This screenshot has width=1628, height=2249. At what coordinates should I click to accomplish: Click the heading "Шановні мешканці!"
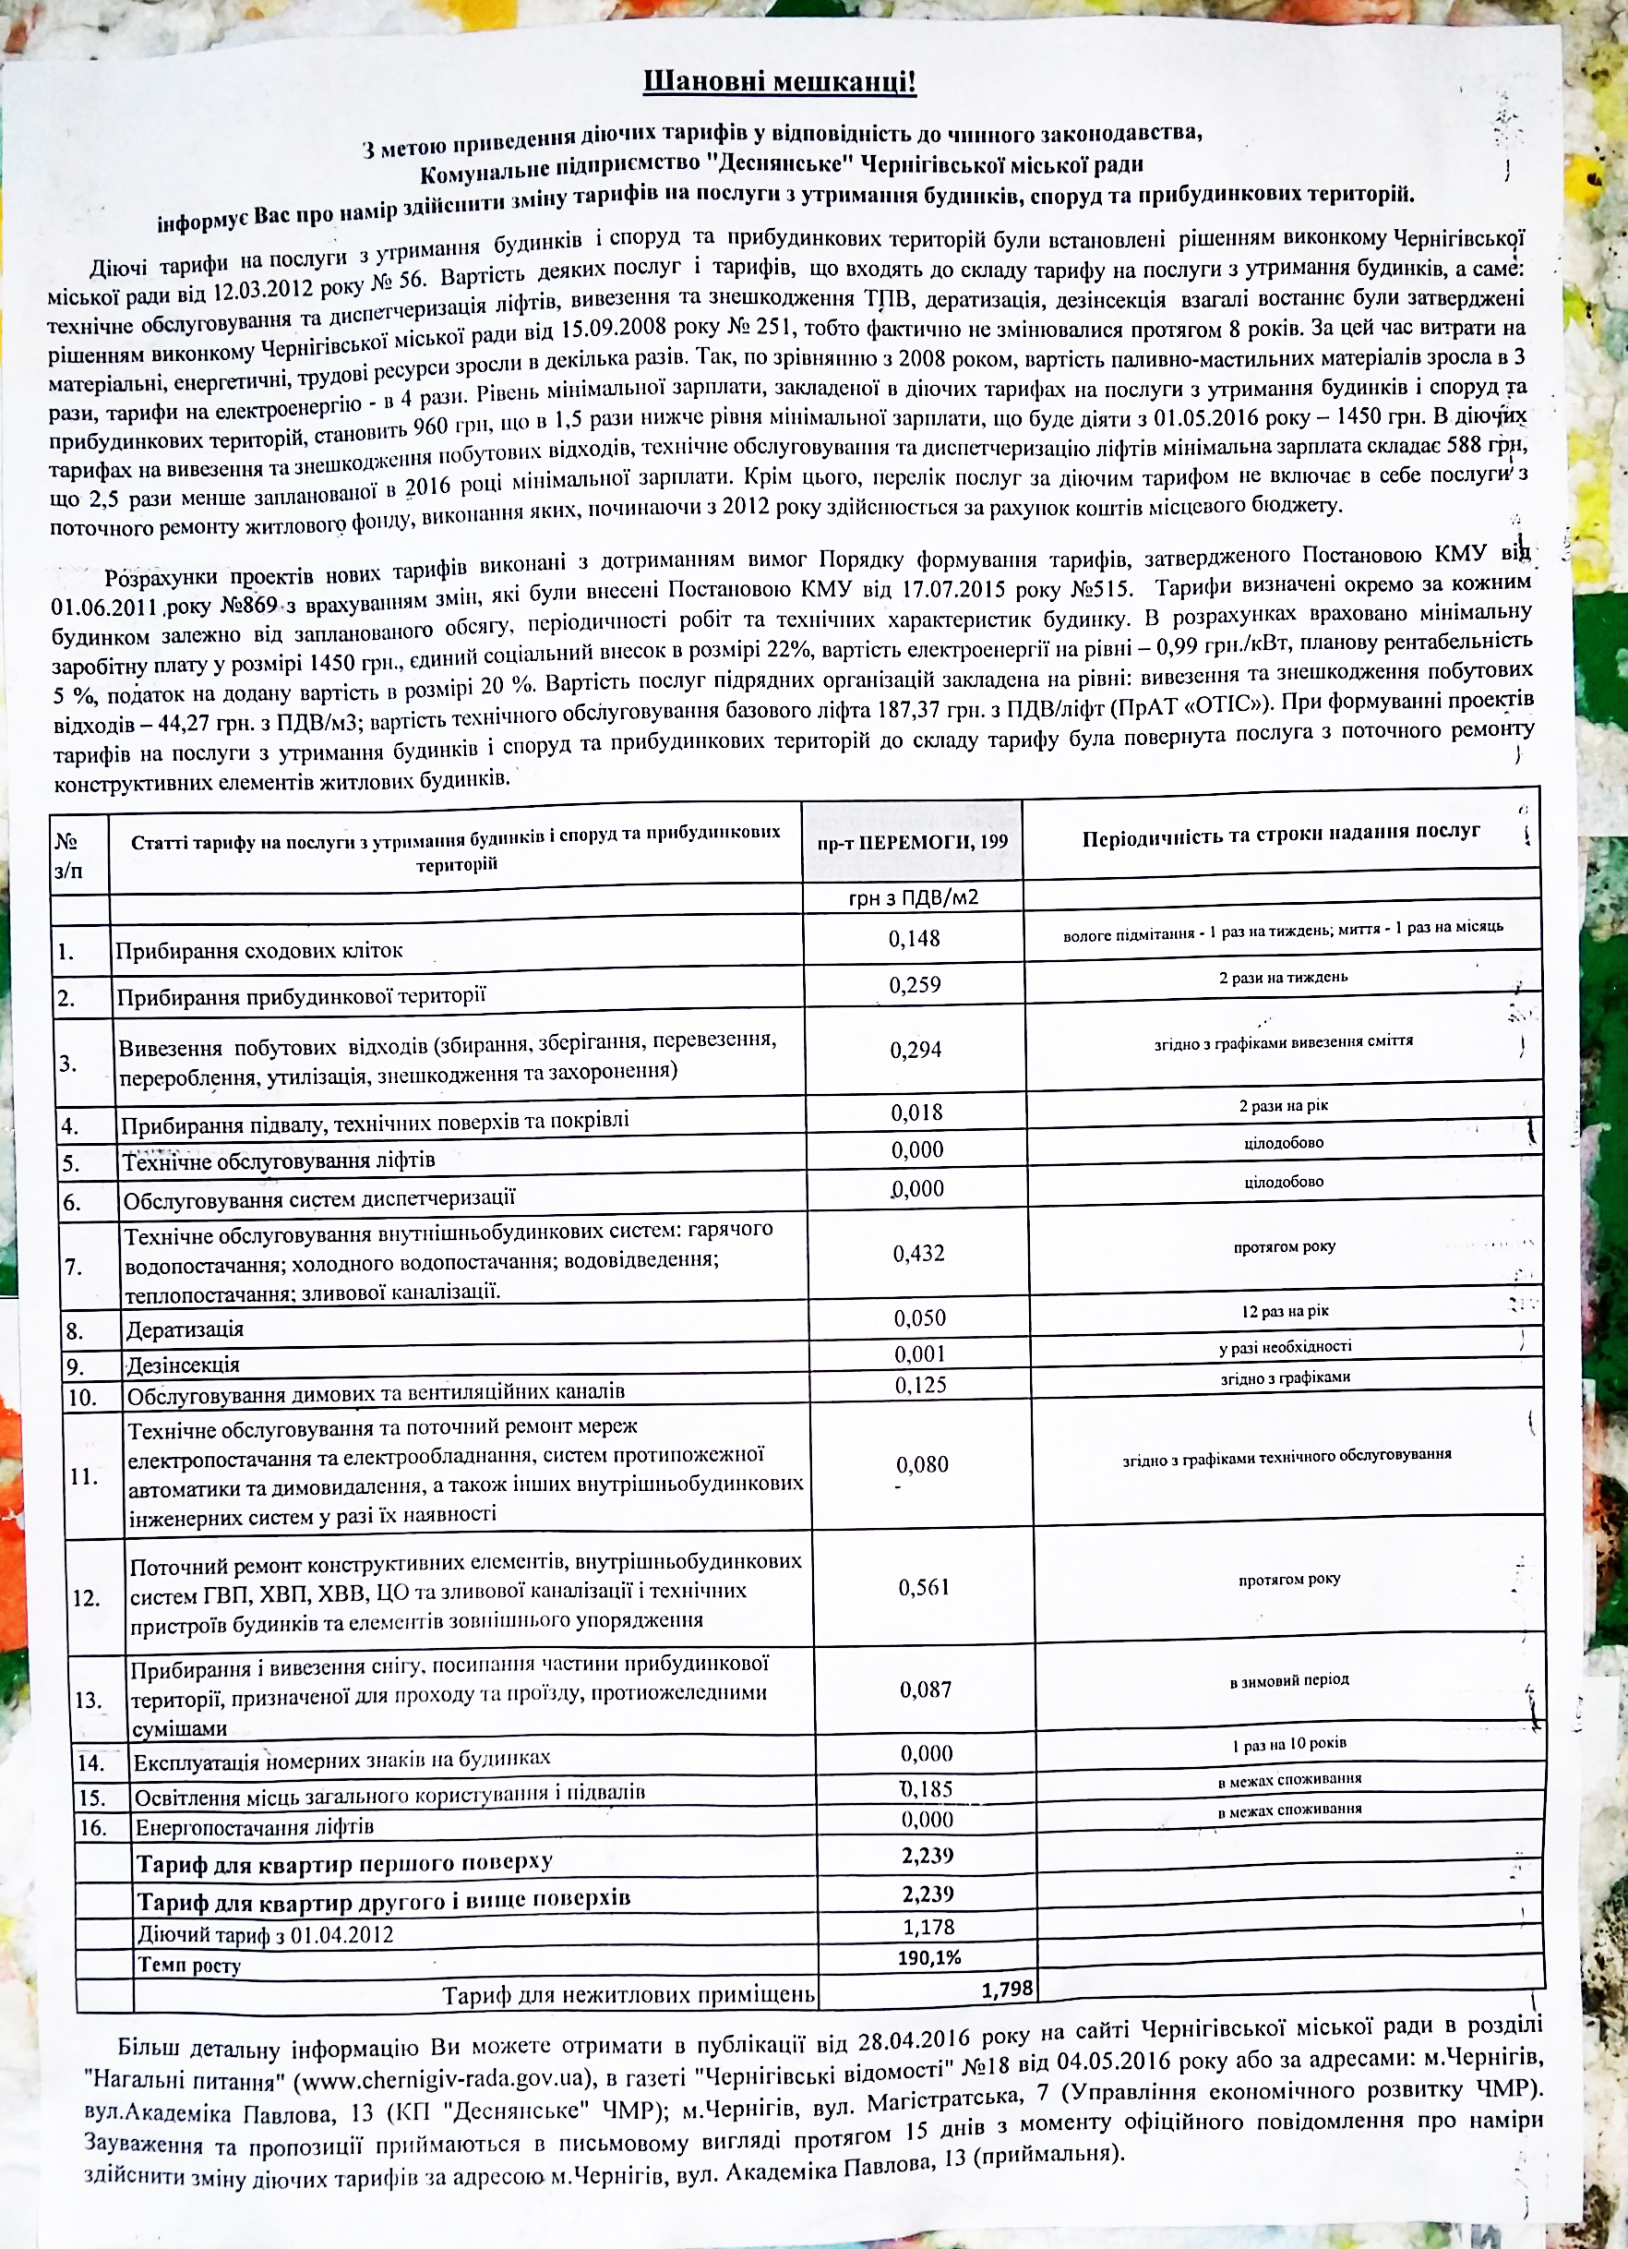[x=779, y=81]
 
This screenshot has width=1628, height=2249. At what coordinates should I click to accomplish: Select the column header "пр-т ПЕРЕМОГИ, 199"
[x=912, y=842]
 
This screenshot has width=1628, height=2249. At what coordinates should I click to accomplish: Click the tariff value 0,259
[x=915, y=985]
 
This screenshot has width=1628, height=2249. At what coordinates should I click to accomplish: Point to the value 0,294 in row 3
[x=916, y=1050]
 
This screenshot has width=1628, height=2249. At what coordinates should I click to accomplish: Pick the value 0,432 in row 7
[x=918, y=1254]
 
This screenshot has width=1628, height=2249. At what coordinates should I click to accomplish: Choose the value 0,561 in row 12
[x=923, y=1588]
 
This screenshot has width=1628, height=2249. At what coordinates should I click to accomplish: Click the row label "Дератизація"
[x=185, y=1329]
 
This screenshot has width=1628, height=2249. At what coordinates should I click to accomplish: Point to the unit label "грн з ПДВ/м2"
[x=913, y=898]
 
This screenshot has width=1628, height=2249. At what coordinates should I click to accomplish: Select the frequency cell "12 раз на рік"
[x=1285, y=1311]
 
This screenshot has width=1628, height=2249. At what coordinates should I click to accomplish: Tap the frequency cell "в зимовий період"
[x=1289, y=1679]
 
